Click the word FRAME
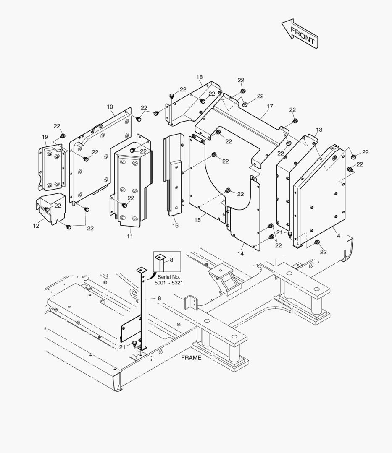(191, 358)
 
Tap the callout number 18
(199, 77)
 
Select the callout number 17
(270, 107)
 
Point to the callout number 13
(319, 130)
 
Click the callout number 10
(110, 107)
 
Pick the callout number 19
(45, 137)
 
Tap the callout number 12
(36, 226)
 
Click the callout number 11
(130, 237)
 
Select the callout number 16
(175, 226)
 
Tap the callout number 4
(339, 236)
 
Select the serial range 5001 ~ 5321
(170, 283)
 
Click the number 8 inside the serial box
(171, 260)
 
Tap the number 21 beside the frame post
(122, 347)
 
